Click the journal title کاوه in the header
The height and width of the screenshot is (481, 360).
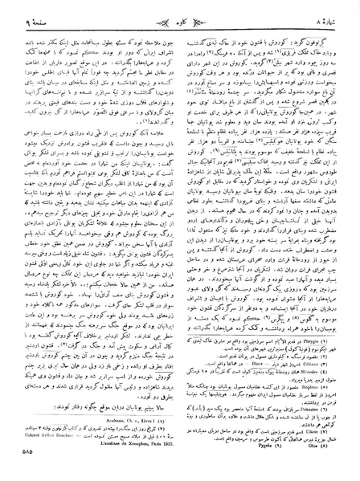[179, 10]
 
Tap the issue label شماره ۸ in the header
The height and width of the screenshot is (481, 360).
[333, 10]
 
